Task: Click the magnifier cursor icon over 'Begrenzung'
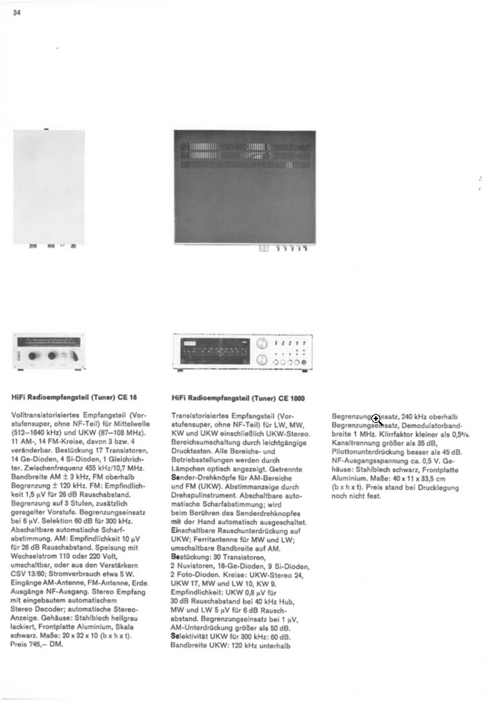point(376,419)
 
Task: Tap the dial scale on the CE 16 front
point(48,343)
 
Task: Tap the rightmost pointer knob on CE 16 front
point(73,357)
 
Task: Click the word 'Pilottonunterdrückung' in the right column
point(367,452)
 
